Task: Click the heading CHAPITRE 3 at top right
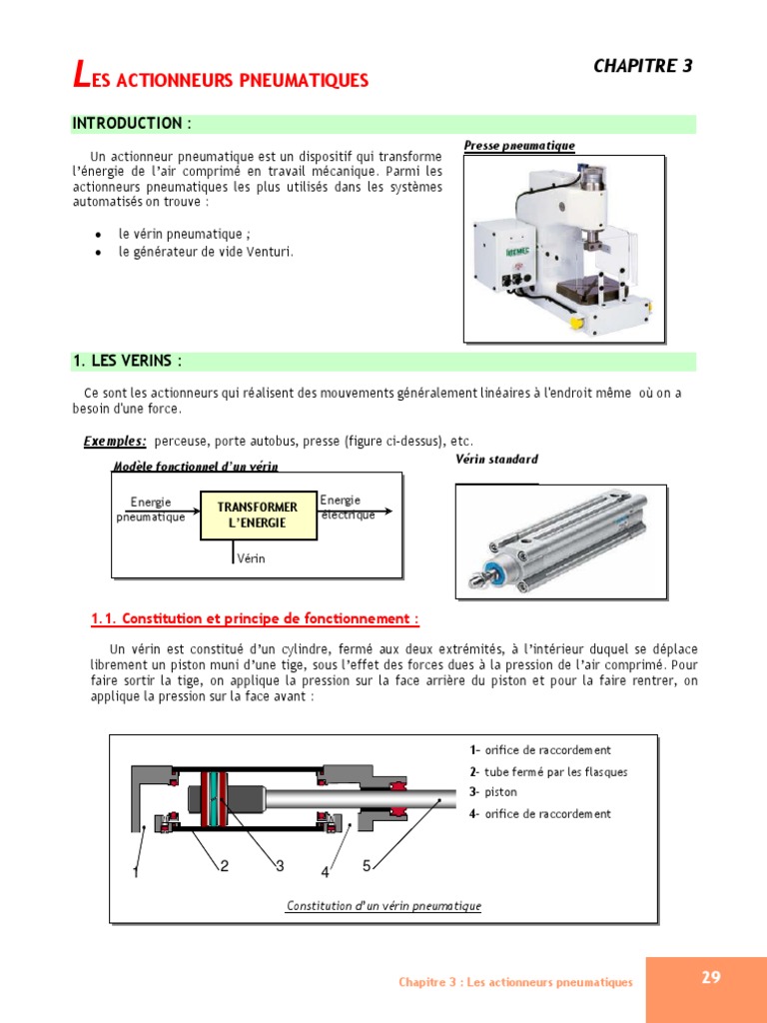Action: pos(642,66)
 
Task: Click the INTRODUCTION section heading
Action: pos(130,124)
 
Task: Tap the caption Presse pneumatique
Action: pos(519,146)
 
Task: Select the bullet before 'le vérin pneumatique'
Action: pos(98,234)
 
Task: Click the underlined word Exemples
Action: pos(115,441)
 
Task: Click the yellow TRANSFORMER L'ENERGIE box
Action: pos(258,514)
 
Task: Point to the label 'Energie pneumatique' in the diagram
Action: pos(151,510)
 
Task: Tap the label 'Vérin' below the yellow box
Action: pos(251,558)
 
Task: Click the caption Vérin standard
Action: pos(496,460)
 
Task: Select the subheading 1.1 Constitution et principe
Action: pos(255,618)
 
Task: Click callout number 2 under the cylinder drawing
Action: pos(225,866)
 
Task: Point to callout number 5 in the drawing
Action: pos(367,865)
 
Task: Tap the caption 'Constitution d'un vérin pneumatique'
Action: pos(383,906)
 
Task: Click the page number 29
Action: pos(710,978)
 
